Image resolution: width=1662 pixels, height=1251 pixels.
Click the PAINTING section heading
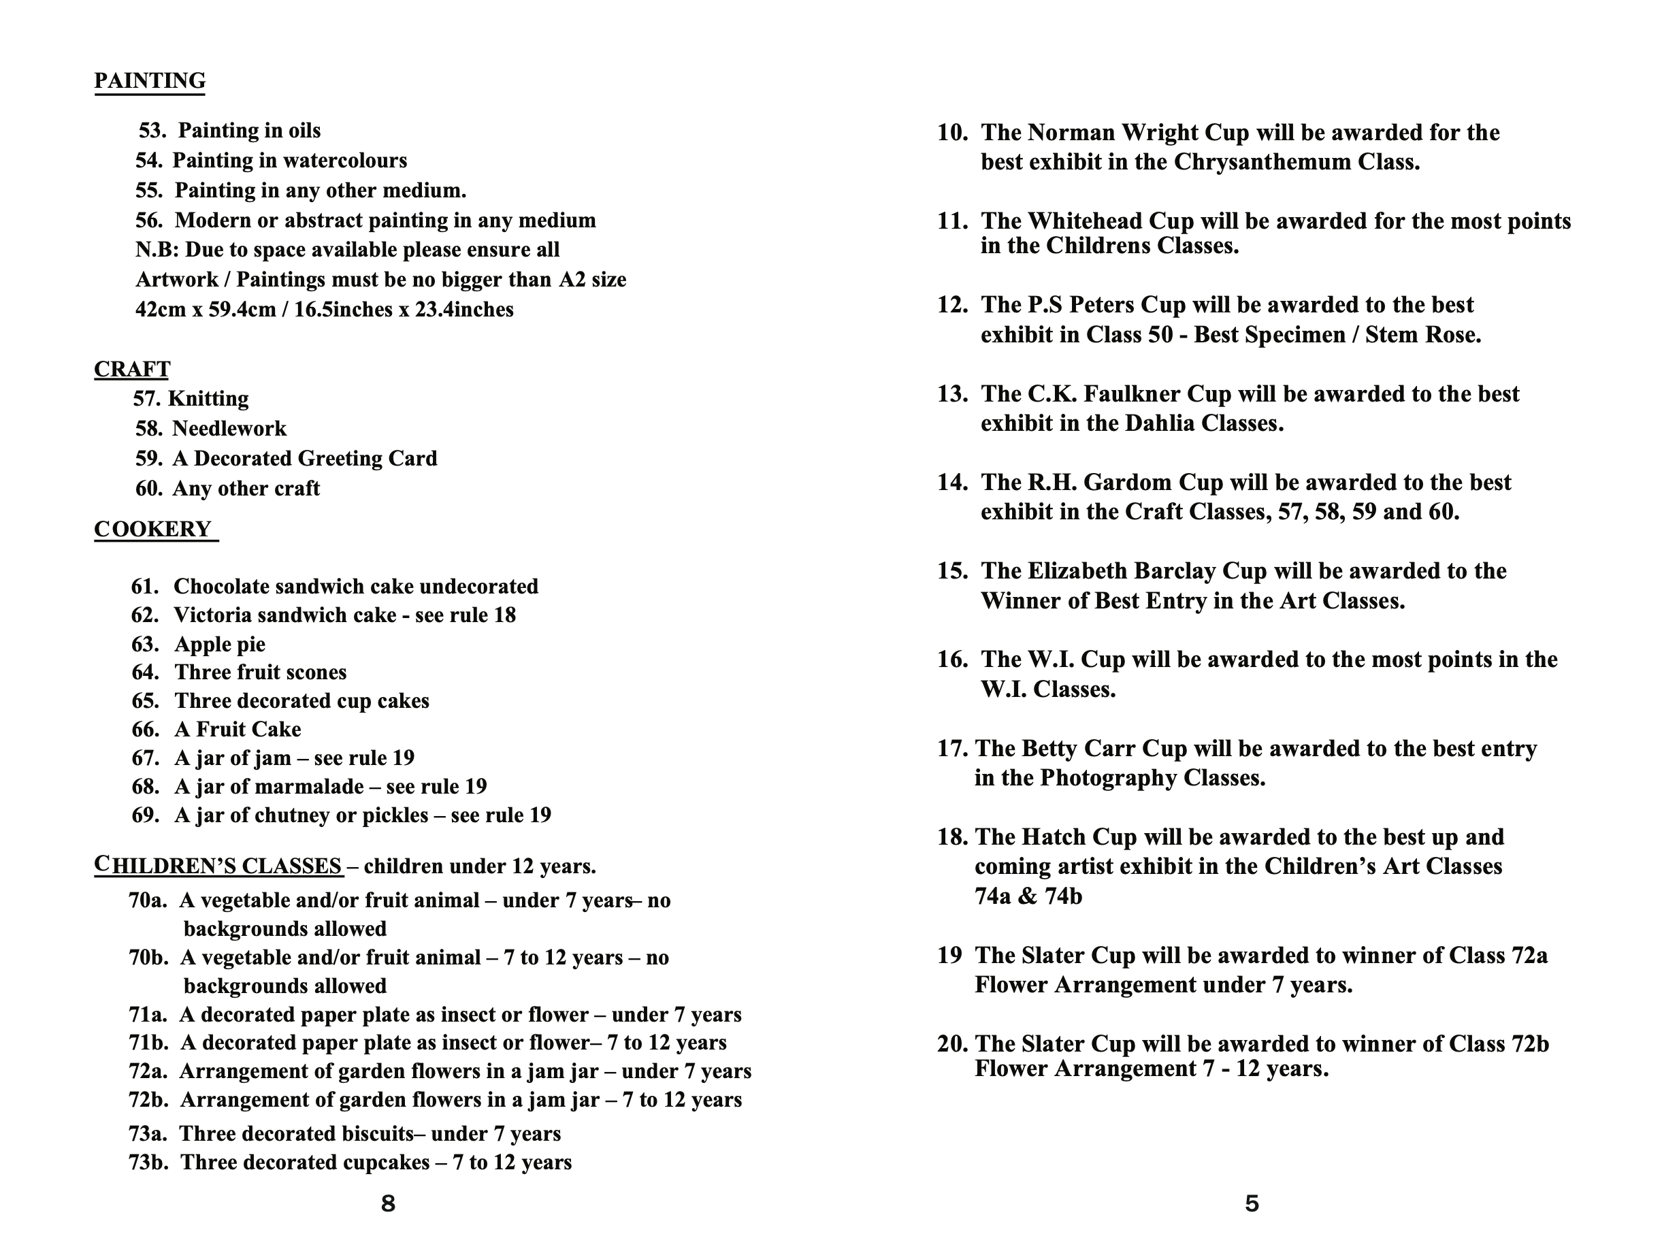[x=150, y=80]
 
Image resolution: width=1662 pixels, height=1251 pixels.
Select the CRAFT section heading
[x=132, y=369]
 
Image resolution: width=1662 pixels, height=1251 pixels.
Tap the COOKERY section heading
[x=153, y=529]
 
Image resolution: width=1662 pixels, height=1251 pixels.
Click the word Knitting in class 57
[x=208, y=398]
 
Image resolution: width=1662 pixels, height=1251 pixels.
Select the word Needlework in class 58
[x=229, y=428]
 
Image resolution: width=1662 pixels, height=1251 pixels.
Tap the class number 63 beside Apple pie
[x=144, y=644]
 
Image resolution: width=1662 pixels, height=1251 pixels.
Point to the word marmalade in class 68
[x=312, y=786]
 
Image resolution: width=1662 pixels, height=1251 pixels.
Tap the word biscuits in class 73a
[x=373, y=1133]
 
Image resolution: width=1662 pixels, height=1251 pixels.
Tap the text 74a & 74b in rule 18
[x=1028, y=896]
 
